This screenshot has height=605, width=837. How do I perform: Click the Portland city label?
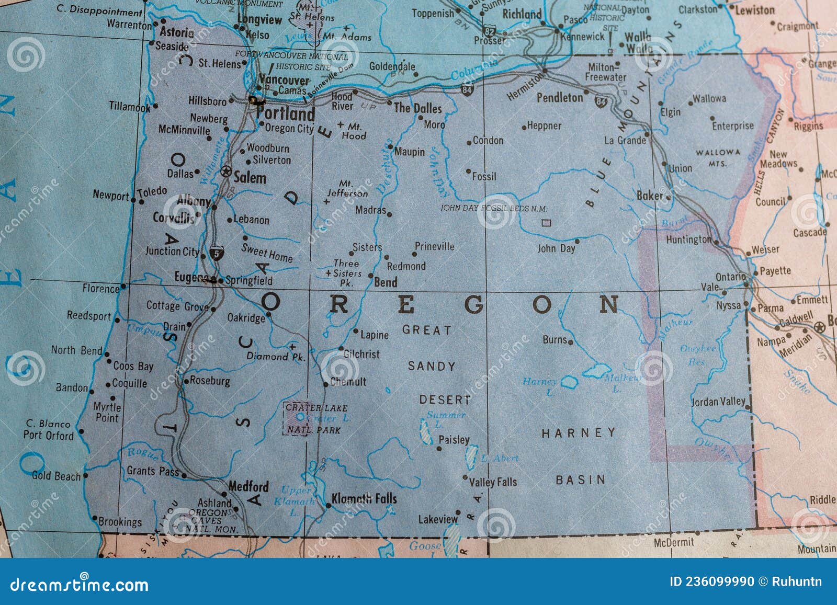click(286, 113)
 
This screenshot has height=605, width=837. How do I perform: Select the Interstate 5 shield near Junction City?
click(216, 254)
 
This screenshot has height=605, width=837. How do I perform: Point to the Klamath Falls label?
click(364, 498)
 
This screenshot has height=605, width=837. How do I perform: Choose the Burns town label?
click(555, 339)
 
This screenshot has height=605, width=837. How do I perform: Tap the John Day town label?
click(556, 248)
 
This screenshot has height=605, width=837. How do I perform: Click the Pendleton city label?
click(560, 97)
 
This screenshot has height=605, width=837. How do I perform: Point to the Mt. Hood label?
click(354, 131)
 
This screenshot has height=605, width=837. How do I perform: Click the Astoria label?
click(176, 32)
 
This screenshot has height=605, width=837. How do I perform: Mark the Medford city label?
click(248, 486)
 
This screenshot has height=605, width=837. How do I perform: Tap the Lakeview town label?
click(438, 519)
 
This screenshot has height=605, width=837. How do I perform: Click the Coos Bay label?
click(133, 366)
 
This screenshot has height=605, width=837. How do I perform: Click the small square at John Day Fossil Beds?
click(546, 223)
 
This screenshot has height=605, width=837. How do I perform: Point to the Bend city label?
click(386, 282)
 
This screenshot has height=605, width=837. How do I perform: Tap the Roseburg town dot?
click(186, 382)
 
